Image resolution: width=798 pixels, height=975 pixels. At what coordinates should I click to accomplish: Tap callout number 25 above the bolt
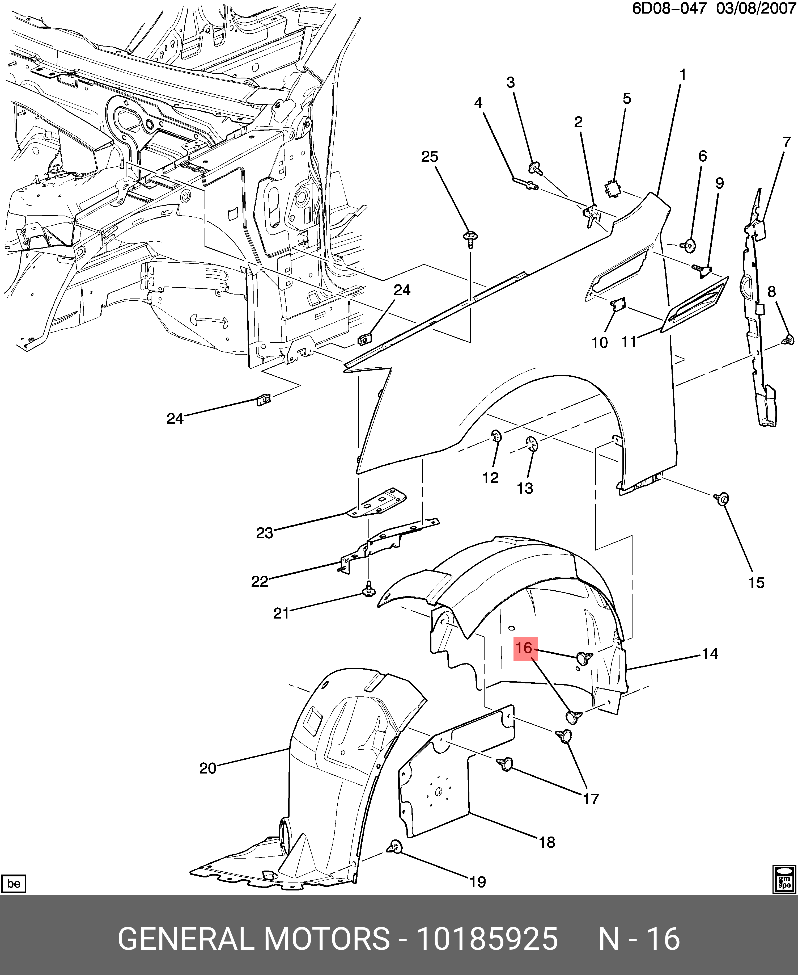pos(430,157)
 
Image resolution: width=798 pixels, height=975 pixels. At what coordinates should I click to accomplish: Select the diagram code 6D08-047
pos(669,9)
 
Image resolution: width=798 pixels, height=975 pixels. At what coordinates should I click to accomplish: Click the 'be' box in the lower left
pos(14,884)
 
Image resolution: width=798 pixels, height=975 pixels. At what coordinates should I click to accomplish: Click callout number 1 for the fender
pos(683,74)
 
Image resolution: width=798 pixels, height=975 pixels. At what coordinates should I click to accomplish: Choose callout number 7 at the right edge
pos(787,142)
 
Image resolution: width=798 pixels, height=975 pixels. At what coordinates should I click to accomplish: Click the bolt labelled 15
pos(722,498)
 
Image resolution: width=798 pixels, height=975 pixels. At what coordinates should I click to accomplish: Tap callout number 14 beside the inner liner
pos(710,654)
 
